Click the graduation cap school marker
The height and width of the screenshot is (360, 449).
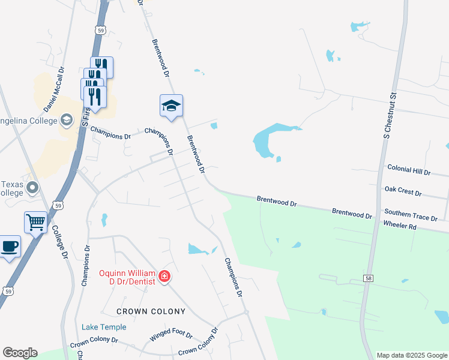point(171,106)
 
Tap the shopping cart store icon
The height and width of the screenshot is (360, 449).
point(36,222)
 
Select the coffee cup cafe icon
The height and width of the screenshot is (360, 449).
point(9,246)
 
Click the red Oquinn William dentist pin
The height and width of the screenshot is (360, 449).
point(164,277)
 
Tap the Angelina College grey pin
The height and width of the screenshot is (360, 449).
point(67,121)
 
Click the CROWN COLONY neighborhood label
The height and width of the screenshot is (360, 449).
point(151,311)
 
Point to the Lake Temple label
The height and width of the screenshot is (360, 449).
point(104,327)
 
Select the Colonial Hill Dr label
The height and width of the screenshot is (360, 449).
point(409,170)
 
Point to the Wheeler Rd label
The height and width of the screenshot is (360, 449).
point(400,226)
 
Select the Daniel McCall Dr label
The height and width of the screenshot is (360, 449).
point(53,89)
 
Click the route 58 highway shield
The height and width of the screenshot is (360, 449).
point(368,278)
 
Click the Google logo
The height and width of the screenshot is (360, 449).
point(20,353)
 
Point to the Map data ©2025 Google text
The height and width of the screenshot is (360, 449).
point(411,355)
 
